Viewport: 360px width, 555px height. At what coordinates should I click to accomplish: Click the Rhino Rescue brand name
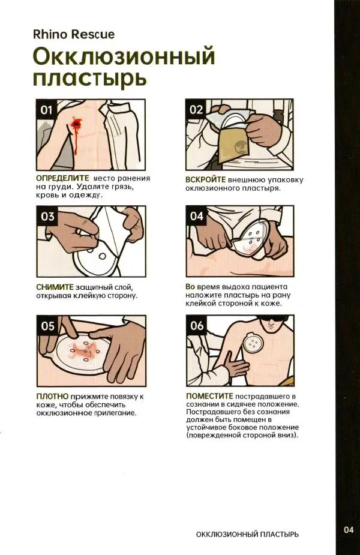tap(74, 34)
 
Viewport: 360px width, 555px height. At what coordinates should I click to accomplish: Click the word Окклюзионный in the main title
tap(124, 56)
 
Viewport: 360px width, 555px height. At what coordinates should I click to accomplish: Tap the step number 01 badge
tap(47, 110)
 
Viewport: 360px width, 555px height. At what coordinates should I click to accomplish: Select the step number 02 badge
tap(196, 110)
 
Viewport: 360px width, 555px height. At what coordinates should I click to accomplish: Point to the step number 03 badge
tap(47, 216)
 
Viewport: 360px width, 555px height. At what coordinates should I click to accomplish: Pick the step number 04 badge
tap(196, 216)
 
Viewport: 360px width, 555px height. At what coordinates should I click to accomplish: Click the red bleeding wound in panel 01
tap(77, 125)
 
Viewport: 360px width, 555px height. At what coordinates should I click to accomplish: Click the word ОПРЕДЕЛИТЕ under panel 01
tap(62, 178)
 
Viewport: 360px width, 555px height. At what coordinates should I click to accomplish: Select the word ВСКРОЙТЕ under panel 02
tap(205, 179)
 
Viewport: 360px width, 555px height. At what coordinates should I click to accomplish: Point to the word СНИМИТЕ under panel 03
tap(55, 287)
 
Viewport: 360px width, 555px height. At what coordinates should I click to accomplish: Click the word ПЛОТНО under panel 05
tap(53, 397)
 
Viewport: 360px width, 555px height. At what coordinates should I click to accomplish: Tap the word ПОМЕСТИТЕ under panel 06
tap(209, 396)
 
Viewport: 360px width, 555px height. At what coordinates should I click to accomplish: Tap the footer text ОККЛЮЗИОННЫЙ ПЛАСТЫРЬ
tap(247, 534)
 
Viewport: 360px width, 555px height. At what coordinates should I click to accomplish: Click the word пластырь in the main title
tap(89, 78)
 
